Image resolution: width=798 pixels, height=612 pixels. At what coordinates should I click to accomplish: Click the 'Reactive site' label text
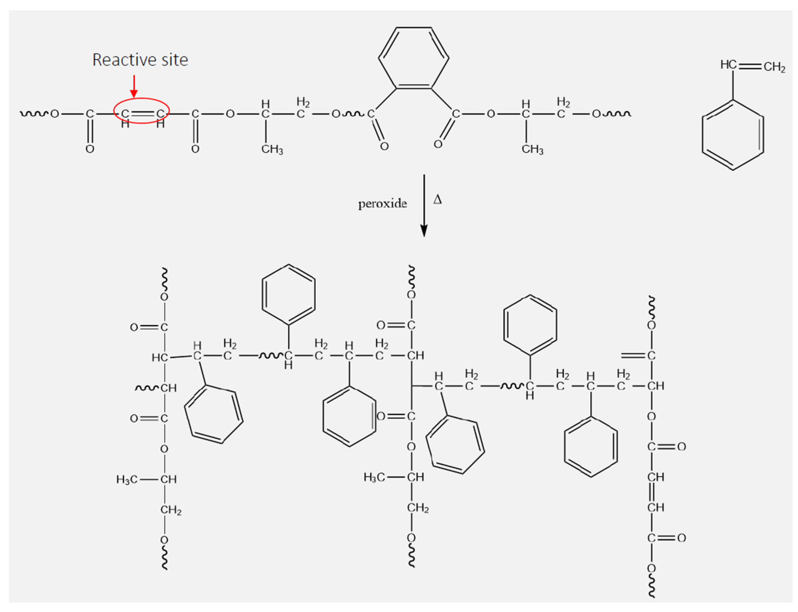click(140, 60)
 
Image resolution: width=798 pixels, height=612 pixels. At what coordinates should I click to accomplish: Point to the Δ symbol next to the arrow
click(437, 200)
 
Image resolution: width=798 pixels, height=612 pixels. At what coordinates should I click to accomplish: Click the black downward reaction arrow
click(424, 206)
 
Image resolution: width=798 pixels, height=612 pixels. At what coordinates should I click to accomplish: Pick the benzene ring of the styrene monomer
click(733, 135)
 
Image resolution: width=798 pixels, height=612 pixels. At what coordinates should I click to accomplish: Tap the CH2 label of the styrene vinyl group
click(774, 67)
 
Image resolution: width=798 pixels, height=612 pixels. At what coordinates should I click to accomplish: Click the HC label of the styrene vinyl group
click(728, 65)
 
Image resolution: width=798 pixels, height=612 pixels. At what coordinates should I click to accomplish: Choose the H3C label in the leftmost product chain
click(127, 479)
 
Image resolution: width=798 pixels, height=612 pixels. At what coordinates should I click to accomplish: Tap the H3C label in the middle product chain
click(374, 477)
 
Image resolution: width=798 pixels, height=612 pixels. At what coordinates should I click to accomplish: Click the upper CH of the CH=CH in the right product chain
click(655, 477)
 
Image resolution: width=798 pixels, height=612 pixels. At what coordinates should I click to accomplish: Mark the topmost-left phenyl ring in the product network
click(288, 294)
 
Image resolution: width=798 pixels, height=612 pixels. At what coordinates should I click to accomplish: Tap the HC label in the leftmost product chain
click(159, 358)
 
